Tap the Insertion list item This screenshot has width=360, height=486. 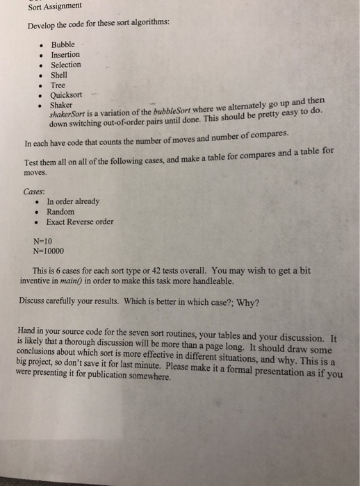coord(65,54)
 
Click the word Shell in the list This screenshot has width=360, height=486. coord(59,75)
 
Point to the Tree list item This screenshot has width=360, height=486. coord(58,85)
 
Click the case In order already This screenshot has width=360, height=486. coord(73,201)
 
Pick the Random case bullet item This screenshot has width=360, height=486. coord(61,211)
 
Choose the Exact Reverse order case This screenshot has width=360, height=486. coord(81,222)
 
